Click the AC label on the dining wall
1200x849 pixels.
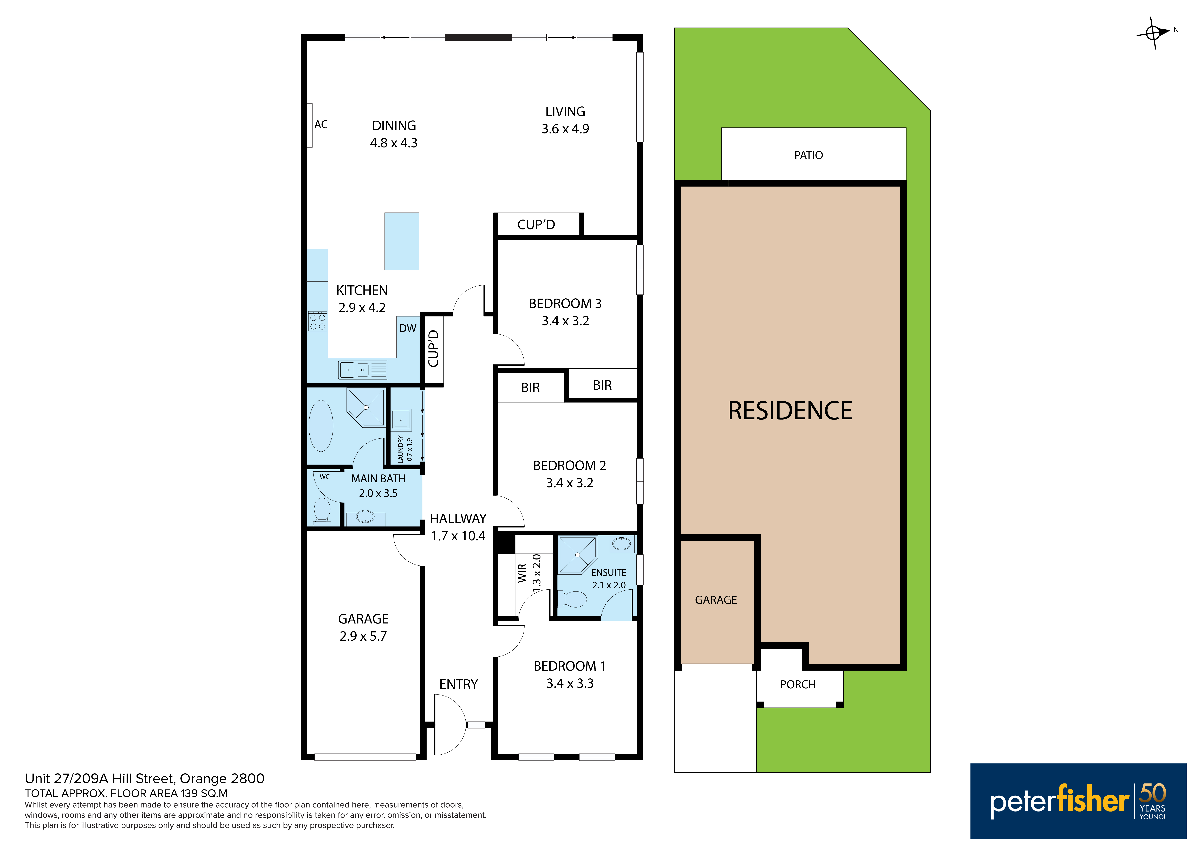[321, 124]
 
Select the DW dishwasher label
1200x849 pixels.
[408, 328]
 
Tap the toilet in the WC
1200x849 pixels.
[322, 511]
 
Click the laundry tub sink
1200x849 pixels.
[401, 419]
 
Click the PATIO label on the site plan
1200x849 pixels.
[808, 155]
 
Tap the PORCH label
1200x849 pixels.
[798, 684]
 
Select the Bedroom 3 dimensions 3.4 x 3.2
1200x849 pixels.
[565, 321]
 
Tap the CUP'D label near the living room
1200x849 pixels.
[536, 225]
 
